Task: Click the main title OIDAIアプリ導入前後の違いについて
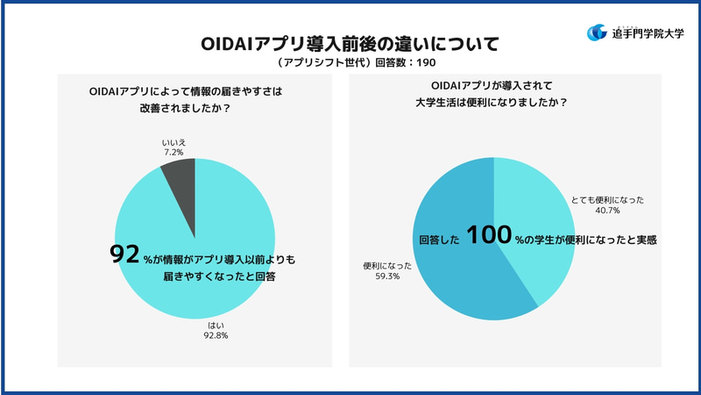[x=350, y=42]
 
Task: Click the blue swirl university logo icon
[x=598, y=32]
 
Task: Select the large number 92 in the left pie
[x=124, y=255]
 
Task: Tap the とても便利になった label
[x=607, y=199]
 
